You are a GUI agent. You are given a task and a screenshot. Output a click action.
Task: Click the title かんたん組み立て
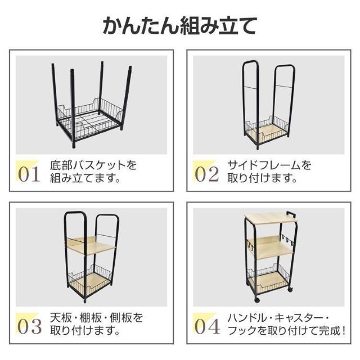click(x=180, y=25)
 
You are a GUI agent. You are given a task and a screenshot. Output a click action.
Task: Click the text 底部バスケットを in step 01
click(x=93, y=166)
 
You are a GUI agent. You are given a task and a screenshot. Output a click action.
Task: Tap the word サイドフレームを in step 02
click(x=269, y=166)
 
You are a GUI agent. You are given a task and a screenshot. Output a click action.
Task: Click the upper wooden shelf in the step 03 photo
click(x=90, y=246)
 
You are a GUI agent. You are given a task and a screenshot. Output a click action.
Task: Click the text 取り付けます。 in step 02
click(x=262, y=180)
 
